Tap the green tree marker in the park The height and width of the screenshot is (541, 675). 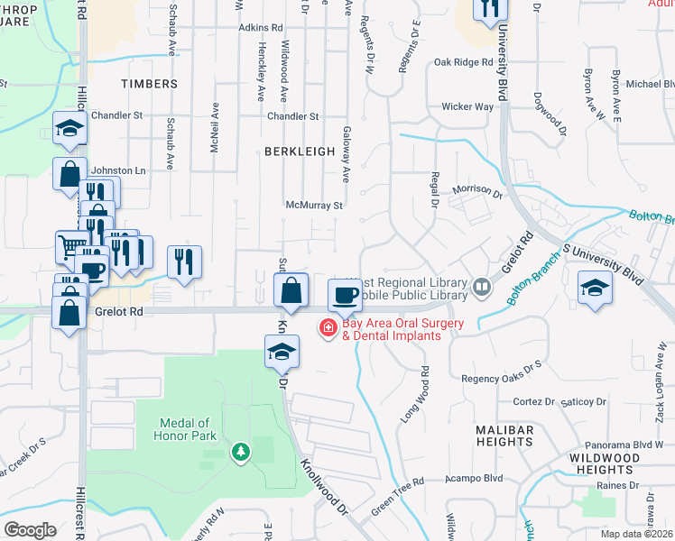point(240,450)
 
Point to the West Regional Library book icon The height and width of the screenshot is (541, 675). point(482,288)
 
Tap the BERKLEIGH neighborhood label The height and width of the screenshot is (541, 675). point(300,152)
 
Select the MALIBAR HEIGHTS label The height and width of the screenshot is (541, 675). point(504,436)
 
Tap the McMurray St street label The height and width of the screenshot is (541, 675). point(314,206)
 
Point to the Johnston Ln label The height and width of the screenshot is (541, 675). point(118,170)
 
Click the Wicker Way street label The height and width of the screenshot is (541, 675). point(467,106)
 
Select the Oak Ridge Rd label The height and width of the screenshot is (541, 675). point(463,62)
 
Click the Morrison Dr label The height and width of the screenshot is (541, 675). point(476,191)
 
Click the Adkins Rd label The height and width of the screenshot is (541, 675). point(261,28)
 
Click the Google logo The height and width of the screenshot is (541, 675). point(30,530)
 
